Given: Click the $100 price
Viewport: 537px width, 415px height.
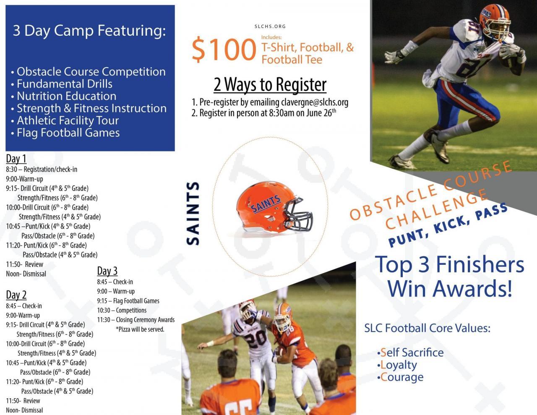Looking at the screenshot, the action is (x=224, y=49).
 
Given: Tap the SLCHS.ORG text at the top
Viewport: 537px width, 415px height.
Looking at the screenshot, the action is (x=270, y=26).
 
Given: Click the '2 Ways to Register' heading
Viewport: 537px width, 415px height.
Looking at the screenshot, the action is (x=270, y=85).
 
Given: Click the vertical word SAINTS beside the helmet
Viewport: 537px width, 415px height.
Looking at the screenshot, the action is (x=193, y=213).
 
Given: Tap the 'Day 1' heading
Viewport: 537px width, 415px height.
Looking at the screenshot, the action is (x=16, y=159).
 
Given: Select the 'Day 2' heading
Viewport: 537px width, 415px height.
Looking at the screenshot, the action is (x=16, y=295).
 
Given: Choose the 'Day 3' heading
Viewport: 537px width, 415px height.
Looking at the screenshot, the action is (x=107, y=271).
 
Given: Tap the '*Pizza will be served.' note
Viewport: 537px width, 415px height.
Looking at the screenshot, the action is (x=140, y=329).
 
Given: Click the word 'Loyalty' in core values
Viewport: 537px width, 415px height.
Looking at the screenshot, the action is (x=399, y=365).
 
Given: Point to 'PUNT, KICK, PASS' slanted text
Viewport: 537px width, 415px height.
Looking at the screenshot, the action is (x=448, y=224).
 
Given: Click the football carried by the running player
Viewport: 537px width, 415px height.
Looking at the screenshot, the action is (x=507, y=61).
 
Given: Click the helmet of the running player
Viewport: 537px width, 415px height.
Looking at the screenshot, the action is (x=494, y=21).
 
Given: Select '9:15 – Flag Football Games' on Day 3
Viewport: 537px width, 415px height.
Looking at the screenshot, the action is (x=128, y=301).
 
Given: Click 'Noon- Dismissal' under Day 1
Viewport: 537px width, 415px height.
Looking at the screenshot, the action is (x=26, y=274).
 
